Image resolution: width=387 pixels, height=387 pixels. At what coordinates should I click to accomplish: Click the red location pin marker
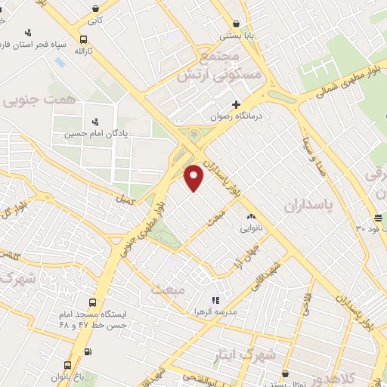pos(194,177)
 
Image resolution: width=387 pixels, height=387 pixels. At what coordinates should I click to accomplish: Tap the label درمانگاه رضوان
pos(236,116)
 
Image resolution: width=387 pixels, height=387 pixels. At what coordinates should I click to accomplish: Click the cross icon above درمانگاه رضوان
pos(236,104)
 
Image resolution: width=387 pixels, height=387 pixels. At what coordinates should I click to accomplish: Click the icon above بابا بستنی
pos(237,23)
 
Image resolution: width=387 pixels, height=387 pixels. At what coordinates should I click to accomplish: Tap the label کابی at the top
pos(94,20)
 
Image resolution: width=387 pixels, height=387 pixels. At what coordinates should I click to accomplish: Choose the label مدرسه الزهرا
pos(215,312)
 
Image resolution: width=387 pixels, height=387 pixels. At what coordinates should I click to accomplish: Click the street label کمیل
pos(123,199)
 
